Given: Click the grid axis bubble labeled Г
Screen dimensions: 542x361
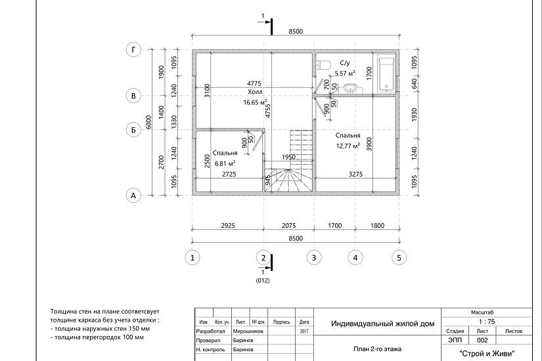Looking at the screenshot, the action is pyautogui.click(x=133, y=50).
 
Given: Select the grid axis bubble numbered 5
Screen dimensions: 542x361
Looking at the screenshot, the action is pyautogui.click(x=399, y=257).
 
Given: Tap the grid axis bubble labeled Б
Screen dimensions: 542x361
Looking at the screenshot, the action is pyautogui.click(x=133, y=130).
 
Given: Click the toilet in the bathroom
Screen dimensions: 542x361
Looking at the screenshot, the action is pyautogui.click(x=324, y=64).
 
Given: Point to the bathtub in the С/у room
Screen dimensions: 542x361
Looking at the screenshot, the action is pyautogui.click(x=386, y=73).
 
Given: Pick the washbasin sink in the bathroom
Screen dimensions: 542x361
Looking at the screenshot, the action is pyautogui.click(x=351, y=89).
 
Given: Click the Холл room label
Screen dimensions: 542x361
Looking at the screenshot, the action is pyautogui.click(x=255, y=92).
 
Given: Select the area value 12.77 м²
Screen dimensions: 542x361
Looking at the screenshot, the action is pyautogui.click(x=348, y=146).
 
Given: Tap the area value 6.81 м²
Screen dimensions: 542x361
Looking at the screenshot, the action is pyautogui.click(x=225, y=163).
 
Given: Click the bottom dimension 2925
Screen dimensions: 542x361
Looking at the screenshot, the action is pyautogui.click(x=228, y=226).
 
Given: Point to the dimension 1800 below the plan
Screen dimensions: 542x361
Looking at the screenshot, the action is pyautogui.click(x=377, y=226).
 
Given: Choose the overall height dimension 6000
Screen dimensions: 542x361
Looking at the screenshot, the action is pyautogui.click(x=148, y=122).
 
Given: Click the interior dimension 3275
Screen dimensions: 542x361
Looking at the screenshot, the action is pyautogui.click(x=355, y=175).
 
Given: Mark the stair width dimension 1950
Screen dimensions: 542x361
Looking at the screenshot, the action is pyautogui.click(x=288, y=157).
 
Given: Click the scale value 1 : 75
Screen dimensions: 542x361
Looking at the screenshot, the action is pyautogui.click(x=487, y=322).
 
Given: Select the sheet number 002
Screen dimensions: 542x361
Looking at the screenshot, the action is pyautogui.click(x=482, y=340).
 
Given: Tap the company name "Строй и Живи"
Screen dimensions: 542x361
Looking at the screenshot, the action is pyautogui.click(x=487, y=353).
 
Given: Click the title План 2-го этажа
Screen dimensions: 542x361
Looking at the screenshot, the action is pyautogui.click(x=378, y=349).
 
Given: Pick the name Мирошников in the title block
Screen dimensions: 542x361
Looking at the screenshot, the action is pyautogui.click(x=248, y=331).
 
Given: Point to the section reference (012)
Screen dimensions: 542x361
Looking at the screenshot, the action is pyautogui.click(x=263, y=280).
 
